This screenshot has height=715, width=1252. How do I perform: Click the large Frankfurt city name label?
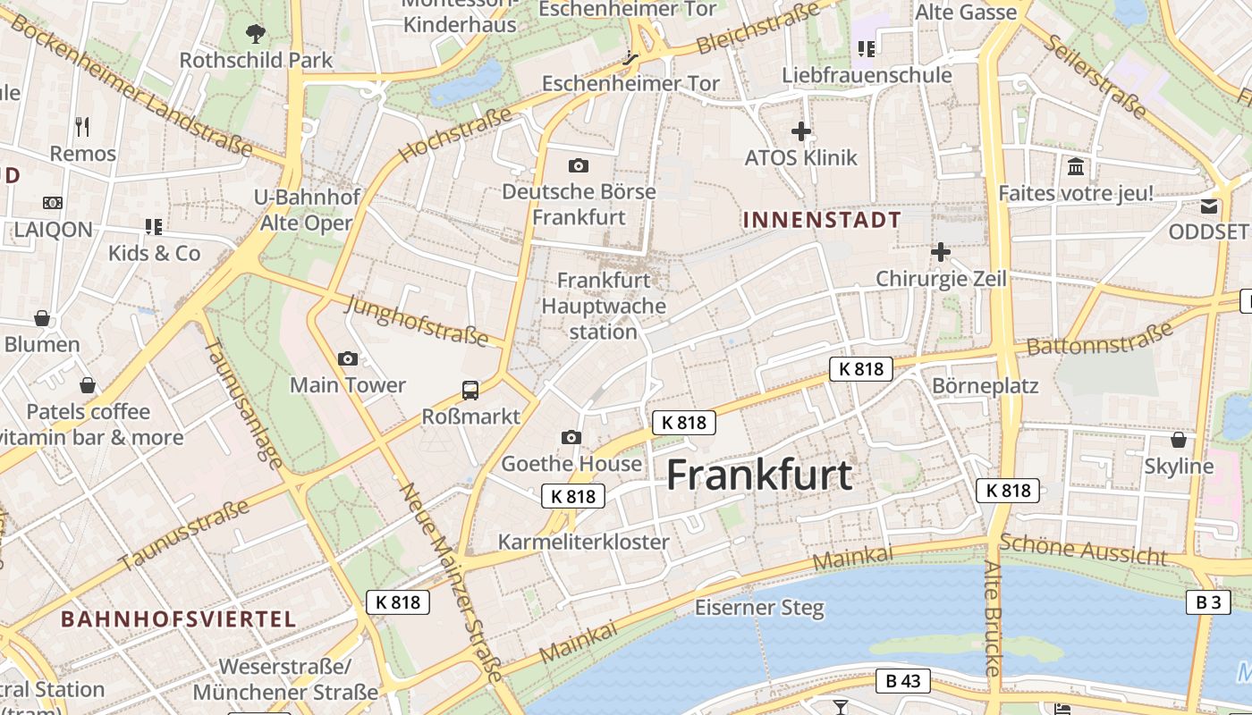(759, 475)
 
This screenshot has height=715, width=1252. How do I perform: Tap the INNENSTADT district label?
(822, 219)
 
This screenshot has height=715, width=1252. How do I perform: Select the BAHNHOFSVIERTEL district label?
(178, 618)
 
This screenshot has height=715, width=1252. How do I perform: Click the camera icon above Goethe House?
(571, 437)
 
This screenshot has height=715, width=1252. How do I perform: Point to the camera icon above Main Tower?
(348, 358)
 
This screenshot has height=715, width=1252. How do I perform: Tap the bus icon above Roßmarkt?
(470, 390)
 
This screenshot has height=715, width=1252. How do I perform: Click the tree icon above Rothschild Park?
(256, 34)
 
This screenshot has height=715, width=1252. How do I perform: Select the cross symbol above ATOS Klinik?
(801, 132)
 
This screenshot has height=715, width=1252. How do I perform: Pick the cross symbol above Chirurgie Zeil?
(940, 252)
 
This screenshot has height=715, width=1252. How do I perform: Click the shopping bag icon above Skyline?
(1179, 440)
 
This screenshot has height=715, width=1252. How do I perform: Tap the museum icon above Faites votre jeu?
(1076, 166)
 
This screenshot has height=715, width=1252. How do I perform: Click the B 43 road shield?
(902, 681)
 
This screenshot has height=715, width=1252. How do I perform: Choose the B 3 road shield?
(1208, 602)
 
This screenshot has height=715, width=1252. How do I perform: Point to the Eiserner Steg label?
(759, 608)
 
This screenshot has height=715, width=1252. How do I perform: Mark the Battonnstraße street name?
(1099, 339)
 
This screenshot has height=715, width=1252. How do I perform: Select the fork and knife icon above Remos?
(82, 126)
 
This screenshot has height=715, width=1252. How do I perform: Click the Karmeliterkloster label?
(583, 542)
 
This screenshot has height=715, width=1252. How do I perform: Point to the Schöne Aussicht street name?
(1083, 549)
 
